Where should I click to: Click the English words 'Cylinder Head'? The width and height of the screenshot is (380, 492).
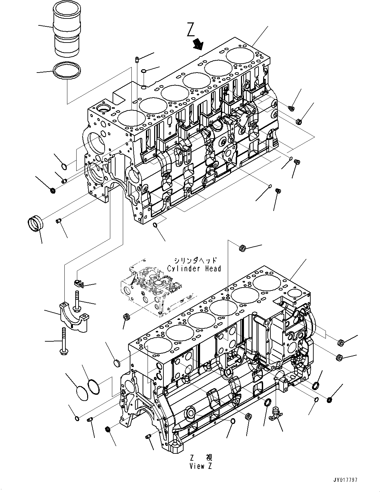(194, 269)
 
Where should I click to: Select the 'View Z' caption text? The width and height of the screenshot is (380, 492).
(201, 466)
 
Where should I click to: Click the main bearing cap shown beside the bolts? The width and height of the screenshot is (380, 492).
(74, 315)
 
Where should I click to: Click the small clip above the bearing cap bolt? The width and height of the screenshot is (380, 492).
(78, 283)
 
